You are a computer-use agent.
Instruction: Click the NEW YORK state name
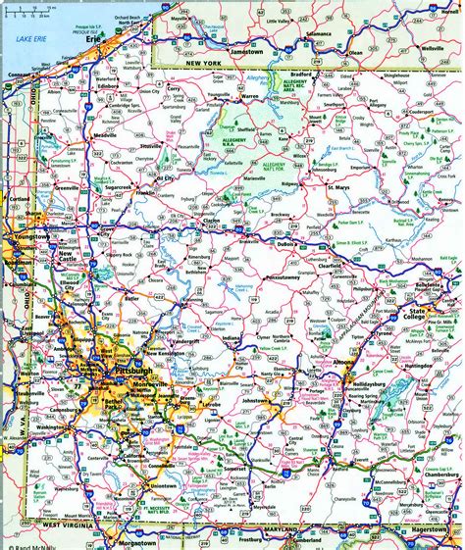click(x=205, y=63)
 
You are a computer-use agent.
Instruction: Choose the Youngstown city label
click(x=30, y=235)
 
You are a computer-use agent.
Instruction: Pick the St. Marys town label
click(x=338, y=186)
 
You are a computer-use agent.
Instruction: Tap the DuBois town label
click(x=313, y=246)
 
